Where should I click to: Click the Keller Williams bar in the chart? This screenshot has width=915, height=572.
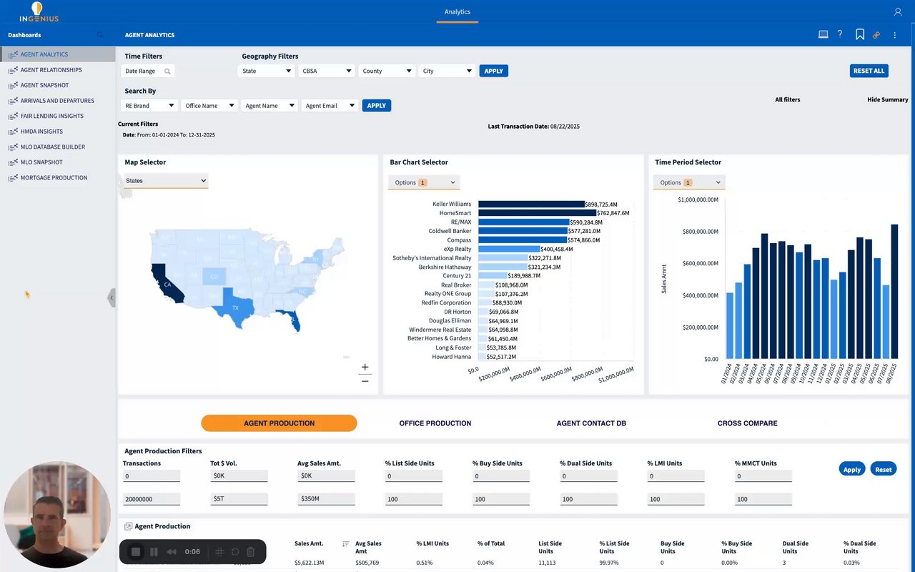[x=531, y=204]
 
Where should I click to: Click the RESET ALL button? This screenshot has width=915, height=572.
[x=869, y=71]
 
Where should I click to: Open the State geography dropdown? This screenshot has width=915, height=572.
[x=266, y=71]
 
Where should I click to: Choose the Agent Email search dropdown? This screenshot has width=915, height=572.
[x=330, y=106]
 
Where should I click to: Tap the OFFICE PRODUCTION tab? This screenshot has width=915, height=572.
[x=435, y=423]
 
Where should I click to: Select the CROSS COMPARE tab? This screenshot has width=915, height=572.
[x=747, y=423]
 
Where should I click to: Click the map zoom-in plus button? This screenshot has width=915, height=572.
[x=365, y=367]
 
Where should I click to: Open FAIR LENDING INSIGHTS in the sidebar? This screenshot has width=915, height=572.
[x=51, y=116]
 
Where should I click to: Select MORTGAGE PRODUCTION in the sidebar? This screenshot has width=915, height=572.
[x=54, y=177]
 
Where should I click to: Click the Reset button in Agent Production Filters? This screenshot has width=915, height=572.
[x=883, y=469]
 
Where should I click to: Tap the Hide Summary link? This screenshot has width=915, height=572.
[x=887, y=100]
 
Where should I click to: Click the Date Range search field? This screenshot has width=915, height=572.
[x=149, y=71]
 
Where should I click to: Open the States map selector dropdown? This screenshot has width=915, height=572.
[x=166, y=181]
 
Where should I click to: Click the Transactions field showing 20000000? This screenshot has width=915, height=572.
[x=151, y=499]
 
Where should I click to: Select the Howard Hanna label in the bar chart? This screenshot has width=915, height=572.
[x=452, y=356]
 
